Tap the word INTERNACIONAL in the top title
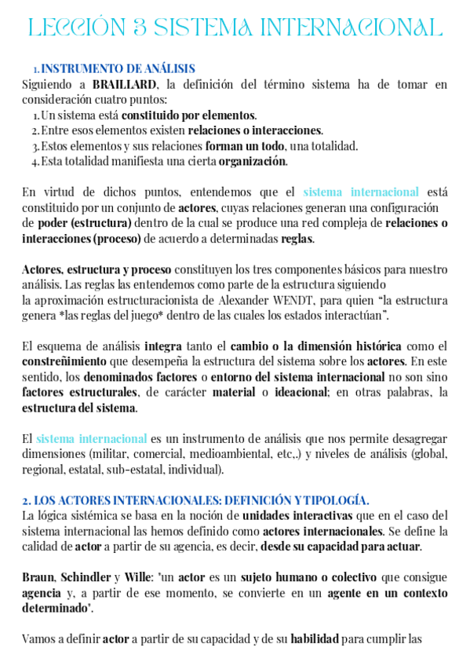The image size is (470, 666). (356, 28)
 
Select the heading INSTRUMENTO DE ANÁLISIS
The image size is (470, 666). (118, 69)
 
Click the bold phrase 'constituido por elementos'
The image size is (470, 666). (200, 115)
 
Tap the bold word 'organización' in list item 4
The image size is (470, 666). (253, 162)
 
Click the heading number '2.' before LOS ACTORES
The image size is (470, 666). (26, 500)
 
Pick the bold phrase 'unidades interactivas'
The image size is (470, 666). (297, 516)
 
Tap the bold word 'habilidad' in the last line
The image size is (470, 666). (315, 639)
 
